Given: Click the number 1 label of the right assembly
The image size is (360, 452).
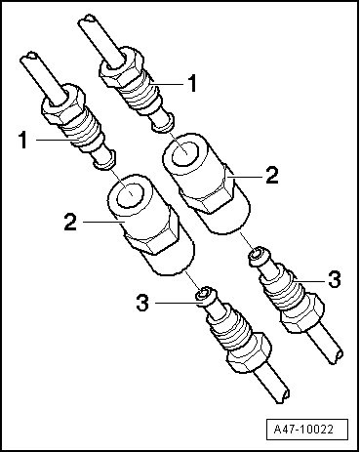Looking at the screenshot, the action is [192, 83].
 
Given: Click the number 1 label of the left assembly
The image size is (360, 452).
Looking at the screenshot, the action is [23, 140].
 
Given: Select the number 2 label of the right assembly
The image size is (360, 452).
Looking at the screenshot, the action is [272, 175].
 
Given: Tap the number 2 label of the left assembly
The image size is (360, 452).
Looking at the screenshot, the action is [70, 222].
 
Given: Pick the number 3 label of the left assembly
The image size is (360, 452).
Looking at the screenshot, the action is [142, 303].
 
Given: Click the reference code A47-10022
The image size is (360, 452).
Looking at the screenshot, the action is [303, 429].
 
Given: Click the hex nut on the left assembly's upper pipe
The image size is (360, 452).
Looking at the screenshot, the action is [63, 104].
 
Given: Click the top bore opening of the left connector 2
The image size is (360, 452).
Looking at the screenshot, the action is [130, 194].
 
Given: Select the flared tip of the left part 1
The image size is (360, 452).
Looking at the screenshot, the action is [103, 160].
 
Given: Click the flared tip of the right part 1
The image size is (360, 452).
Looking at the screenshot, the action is [163, 123].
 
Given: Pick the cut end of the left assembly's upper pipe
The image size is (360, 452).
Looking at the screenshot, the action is [30, 57].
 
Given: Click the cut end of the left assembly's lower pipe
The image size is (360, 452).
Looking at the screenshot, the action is [285, 394].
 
